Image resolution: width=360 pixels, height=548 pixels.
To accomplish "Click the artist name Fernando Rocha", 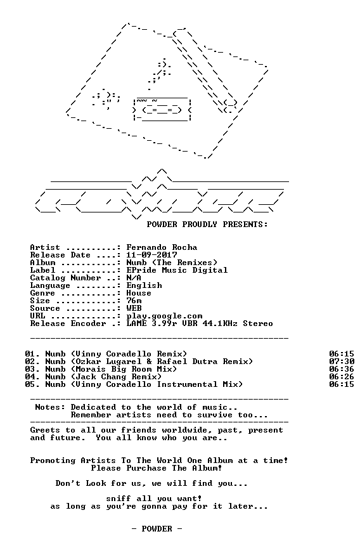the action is point(162,247).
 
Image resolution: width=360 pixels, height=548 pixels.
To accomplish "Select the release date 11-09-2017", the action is point(151,255).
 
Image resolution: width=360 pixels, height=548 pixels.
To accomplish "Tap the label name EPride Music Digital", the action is point(177,270).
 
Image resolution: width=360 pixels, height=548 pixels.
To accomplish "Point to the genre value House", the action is point(139,293).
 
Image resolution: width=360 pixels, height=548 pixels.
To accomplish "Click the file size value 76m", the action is point(134,301).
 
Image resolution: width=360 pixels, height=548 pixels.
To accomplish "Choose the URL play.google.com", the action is point(164,316).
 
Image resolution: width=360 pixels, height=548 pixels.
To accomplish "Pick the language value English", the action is point(145,285).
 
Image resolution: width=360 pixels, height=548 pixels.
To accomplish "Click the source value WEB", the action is point(134,308).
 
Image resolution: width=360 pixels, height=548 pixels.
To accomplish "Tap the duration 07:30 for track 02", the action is point(342,362).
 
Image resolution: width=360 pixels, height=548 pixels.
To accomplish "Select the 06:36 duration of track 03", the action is point(342,369).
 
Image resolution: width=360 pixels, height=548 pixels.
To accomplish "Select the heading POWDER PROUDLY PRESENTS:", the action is point(207,225).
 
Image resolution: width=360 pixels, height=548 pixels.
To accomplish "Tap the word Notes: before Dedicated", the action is point(50,407).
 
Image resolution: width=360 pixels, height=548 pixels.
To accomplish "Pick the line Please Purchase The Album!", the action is point(157,468).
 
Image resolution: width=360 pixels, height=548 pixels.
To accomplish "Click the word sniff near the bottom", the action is point(119,499).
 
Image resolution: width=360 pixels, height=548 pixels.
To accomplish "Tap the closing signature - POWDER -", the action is point(157,529).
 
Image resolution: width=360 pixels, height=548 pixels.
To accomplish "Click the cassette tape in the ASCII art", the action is point(162,110).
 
